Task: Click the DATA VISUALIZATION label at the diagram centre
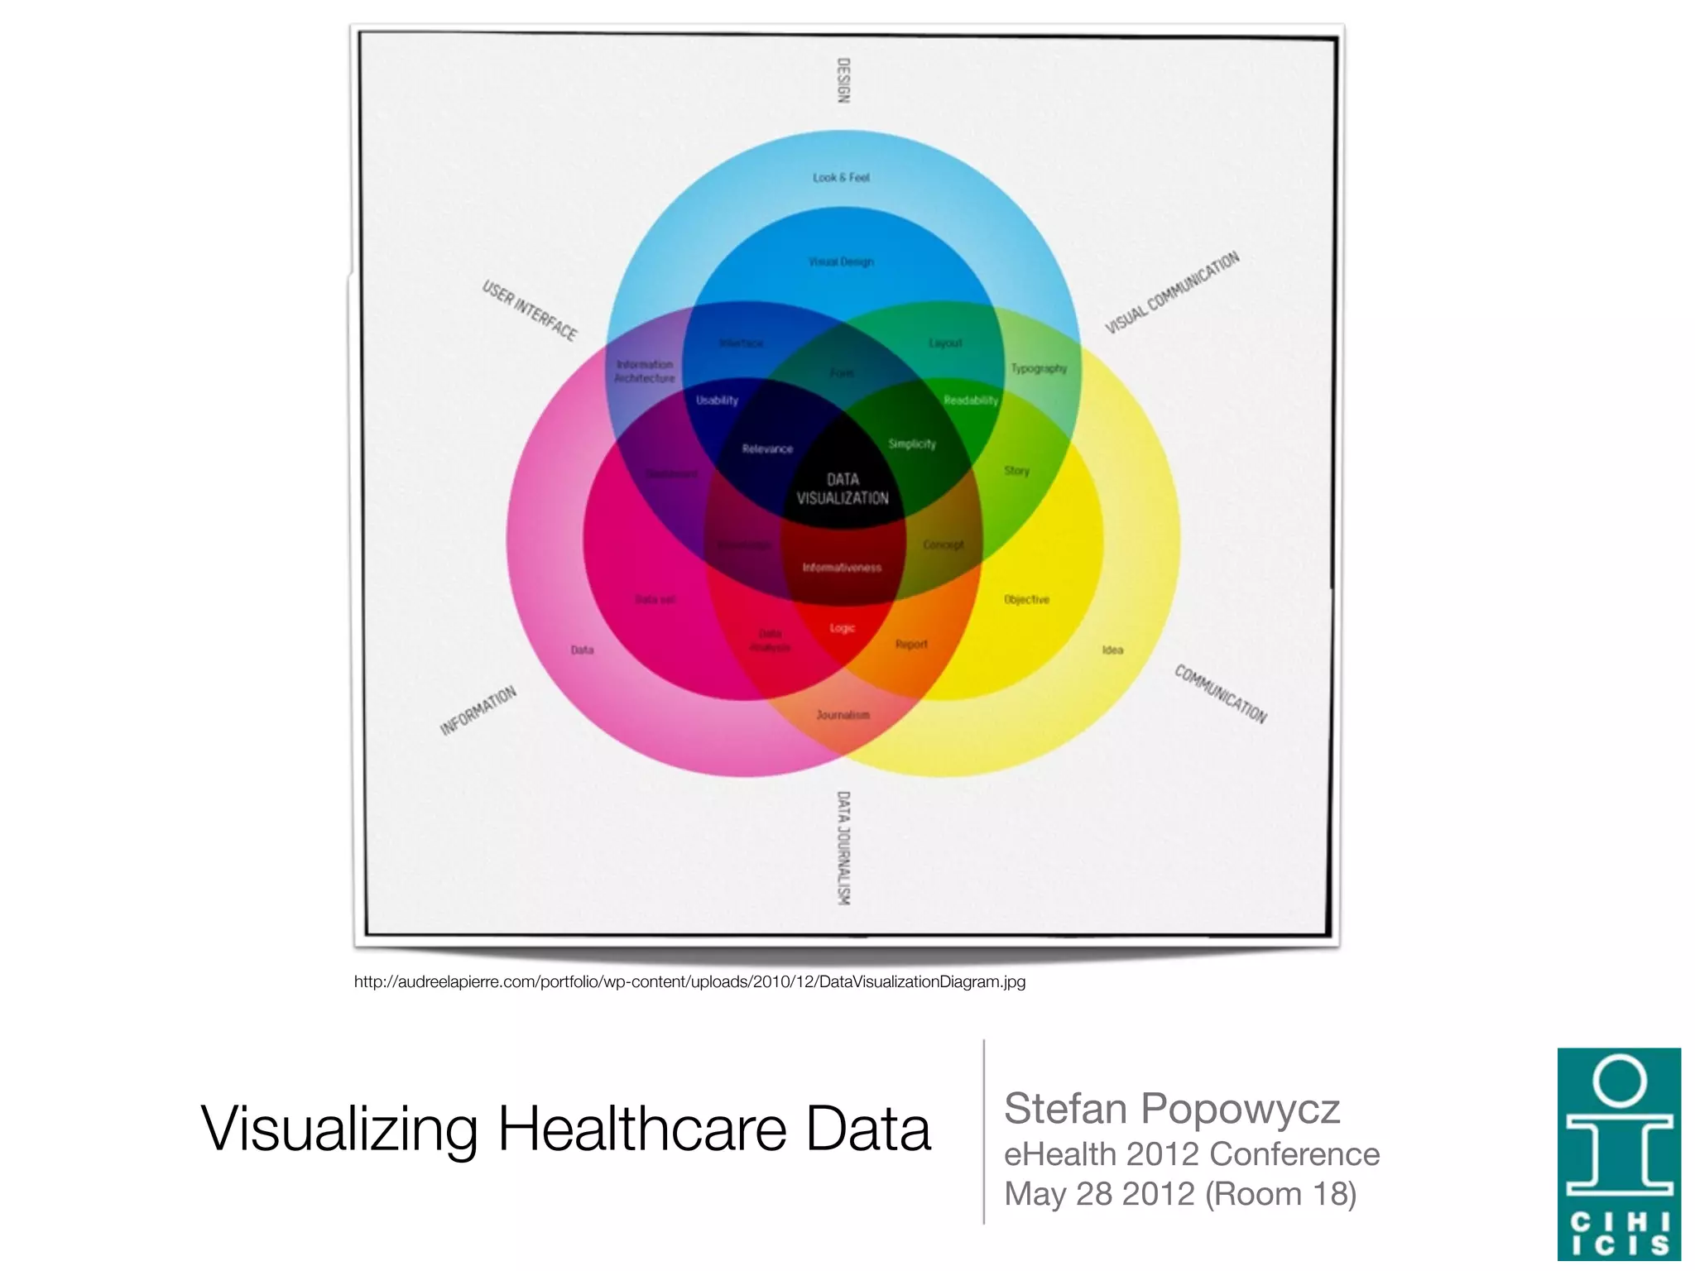[843, 488]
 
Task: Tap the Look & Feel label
[841, 178]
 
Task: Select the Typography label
[1039, 368]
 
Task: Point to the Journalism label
[843, 715]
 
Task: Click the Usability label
[717, 400]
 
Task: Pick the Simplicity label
[912, 444]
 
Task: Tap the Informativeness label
[842, 568]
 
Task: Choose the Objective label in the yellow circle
[1026, 600]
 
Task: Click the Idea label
[1112, 650]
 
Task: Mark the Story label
[1017, 471]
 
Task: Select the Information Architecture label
[645, 372]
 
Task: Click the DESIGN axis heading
[843, 80]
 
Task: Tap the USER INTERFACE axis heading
[530, 310]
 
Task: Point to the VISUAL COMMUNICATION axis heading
[1172, 292]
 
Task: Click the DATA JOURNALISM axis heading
[843, 847]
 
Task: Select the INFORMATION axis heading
[478, 711]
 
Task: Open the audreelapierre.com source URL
[689, 982]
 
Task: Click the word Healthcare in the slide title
[641, 1129]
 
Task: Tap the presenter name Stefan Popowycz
[1171, 1109]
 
